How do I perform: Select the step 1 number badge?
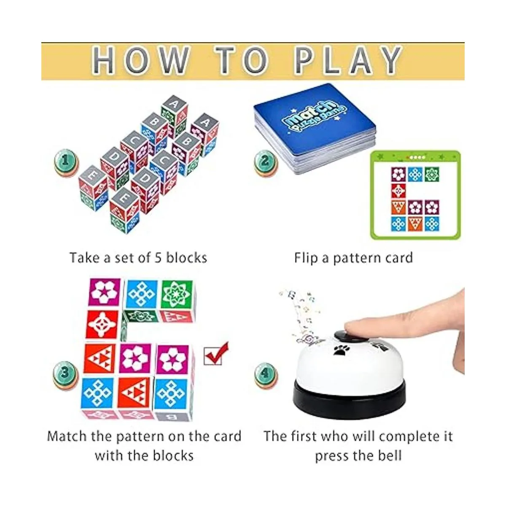point(66,162)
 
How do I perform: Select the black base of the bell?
point(350,401)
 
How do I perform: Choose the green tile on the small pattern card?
point(432,174)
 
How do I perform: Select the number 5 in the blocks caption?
point(158,258)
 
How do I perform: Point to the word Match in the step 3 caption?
point(67,436)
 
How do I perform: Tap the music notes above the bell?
point(299,315)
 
